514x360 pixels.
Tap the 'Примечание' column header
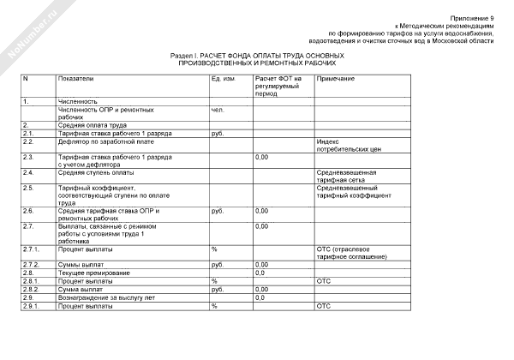336,79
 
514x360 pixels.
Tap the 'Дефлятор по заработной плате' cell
99,141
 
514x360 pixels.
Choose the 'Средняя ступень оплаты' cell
91,172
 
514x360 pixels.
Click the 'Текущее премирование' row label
89,273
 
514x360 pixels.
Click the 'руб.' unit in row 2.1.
217,133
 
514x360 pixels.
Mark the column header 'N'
25,79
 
